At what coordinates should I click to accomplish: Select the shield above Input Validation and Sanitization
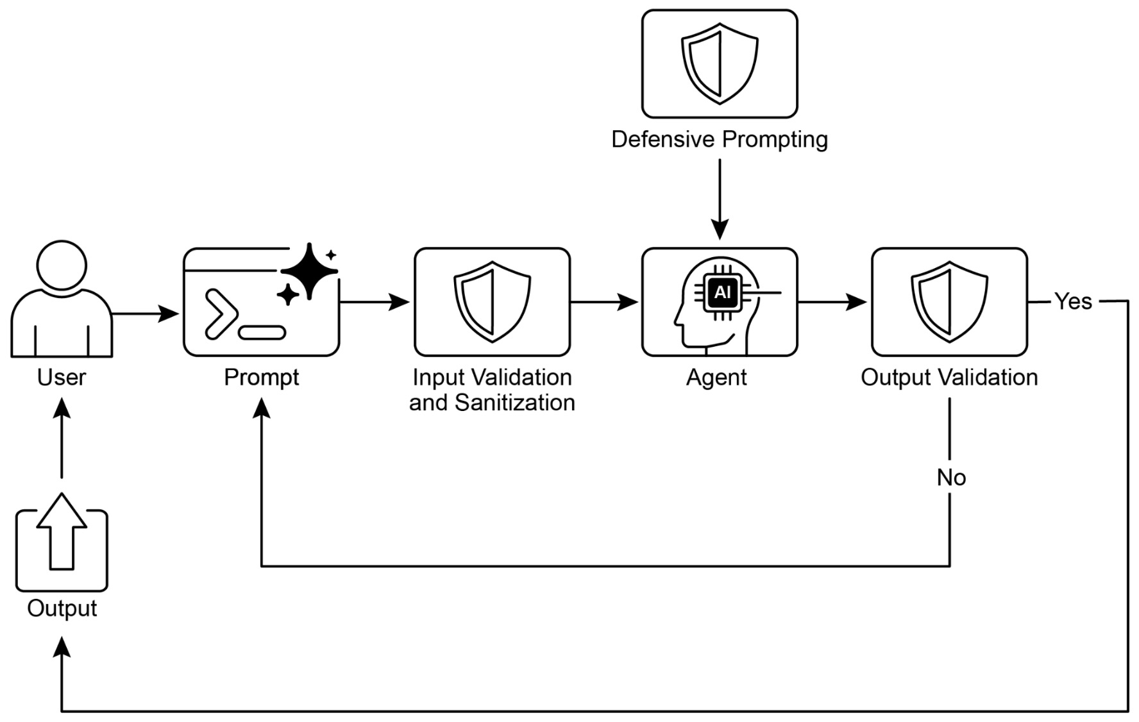pyautogui.click(x=492, y=301)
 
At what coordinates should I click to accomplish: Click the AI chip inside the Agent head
pyautogui.click(x=722, y=293)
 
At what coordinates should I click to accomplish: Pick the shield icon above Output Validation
pyautogui.click(x=949, y=301)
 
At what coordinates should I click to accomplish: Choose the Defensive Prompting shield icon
pyautogui.click(x=720, y=63)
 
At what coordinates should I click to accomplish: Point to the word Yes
pyautogui.click(x=1073, y=301)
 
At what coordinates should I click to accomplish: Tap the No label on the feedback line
pyautogui.click(x=951, y=478)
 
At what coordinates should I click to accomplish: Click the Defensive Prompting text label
pyautogui.click(x=720, y=139)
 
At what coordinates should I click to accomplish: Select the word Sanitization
pyautogui.click(x=515, y=403)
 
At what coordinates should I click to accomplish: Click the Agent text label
pyautogui.click(x=716, y=378)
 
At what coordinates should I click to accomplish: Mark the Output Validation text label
pyautogui.click(x=949, y=378)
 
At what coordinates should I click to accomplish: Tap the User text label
pyautogui.click(x=62, y=378)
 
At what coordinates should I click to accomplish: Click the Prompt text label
pyautogui.click(x=261, y=378)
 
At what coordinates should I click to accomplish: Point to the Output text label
pyautogui.click(x=62, y=609)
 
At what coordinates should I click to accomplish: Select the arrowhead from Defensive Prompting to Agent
pyautogui.click(x=720, y=230)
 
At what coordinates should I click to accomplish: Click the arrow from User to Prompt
pyautogui.click(x=145, y=314)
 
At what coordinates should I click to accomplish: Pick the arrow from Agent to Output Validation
pyautogui.click(x=832, y=301)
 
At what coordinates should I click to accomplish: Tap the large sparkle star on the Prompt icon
pyautogui.click(x=310, y=271)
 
